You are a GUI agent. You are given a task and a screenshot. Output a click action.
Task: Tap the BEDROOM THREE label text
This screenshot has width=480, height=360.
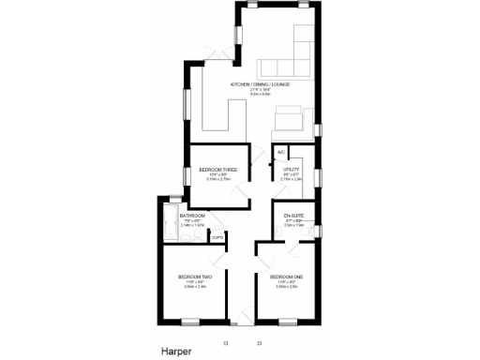click(217, 170)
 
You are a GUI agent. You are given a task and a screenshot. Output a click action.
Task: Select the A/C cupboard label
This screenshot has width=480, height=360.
click(280, 152)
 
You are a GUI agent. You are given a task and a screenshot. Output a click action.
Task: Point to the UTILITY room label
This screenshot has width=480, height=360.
click(291, 169)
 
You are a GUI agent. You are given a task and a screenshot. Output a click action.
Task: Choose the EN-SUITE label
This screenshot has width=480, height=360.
click(293, 217)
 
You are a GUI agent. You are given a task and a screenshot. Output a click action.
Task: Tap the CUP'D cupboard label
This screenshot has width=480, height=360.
click(217, 238)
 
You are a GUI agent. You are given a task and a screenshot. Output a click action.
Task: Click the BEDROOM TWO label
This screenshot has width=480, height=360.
click(195, 277)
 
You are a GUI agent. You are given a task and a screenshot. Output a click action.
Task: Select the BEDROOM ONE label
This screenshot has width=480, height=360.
click(287, 277)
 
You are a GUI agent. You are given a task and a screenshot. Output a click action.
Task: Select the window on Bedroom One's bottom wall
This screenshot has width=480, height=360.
click(290, 322)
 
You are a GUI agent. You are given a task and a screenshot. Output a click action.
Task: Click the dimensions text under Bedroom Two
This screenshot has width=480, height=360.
click(195, 286)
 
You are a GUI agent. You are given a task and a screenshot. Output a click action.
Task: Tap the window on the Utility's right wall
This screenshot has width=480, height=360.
click(318, 176)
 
